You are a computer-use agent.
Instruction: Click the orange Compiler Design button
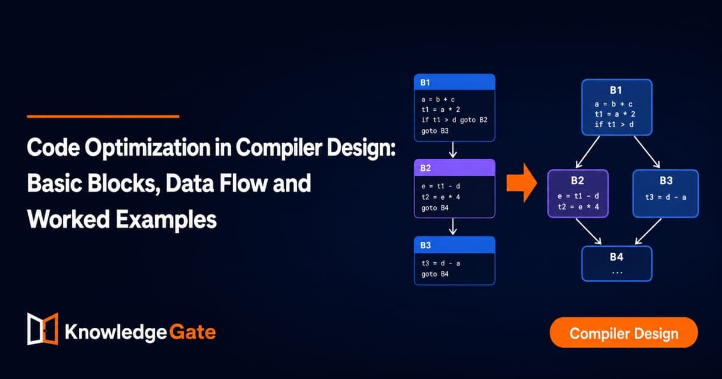(x=624, y=332)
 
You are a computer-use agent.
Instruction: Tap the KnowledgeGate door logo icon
(x=43, y=328)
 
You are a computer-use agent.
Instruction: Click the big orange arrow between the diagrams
(x=522, y=183)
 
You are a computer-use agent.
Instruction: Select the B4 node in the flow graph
(x=617, y=263)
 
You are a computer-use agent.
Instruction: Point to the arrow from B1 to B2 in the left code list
(x=453, y=150)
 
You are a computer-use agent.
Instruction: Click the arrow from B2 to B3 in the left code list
(x=453, y=227)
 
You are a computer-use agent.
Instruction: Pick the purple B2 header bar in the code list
(x=454, y=168)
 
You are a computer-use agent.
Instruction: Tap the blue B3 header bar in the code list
(x=454, y=245)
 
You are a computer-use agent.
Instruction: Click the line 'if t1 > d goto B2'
(x=454, y=120)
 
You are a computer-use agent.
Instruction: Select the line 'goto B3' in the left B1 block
(x=435, y=131)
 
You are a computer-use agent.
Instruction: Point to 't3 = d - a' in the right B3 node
(x=665, y=197)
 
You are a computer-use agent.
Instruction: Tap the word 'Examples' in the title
(x=166, y=220)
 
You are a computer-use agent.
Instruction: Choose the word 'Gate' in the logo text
(x=193, y=332)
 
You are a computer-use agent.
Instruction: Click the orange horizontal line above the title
(x=103, y=116)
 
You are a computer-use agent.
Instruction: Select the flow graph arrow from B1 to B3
(x=647, y=152)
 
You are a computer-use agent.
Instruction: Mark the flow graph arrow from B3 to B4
(x=648, y=232)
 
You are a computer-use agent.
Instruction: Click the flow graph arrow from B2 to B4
(x=588, y=232)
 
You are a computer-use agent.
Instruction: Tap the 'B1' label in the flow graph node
(x=616, y=90)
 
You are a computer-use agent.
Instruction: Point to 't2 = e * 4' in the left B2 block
(x=440, y=197)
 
